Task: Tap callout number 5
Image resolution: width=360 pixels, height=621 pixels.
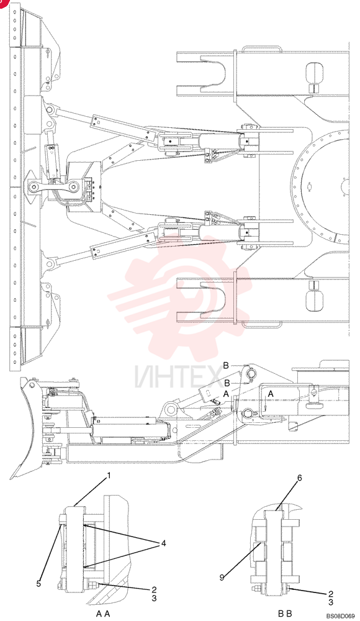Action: pyautogui.click(x=39, y=583)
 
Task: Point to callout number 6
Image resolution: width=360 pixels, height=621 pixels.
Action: pyautogui.click(x=299, y=478)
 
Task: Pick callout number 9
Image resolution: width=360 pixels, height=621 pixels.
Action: pyautogui.click(x=222, y=578)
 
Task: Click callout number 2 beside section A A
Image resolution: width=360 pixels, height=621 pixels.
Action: pyautogui.click(x=154, y=590)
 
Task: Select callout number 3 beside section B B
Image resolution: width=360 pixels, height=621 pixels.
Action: pyautogui.click(x=331, y=602)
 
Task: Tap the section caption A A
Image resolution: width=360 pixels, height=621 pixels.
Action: pyautogui.click(x=102, y=614)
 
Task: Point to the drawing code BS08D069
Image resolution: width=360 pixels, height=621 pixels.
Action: pyautogui.click(x=341, y=616)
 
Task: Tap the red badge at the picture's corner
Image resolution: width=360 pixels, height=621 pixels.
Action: pyautogui.click(x=3, y=3)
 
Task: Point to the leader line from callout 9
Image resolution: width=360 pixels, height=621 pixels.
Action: pyautogui.click(x=241, y=560)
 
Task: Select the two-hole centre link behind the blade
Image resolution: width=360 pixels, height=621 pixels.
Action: pyautogui.click(x=53, y=186)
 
